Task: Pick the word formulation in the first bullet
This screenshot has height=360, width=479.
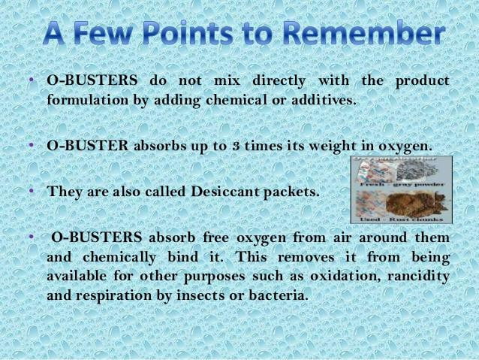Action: tap(89, 98)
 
